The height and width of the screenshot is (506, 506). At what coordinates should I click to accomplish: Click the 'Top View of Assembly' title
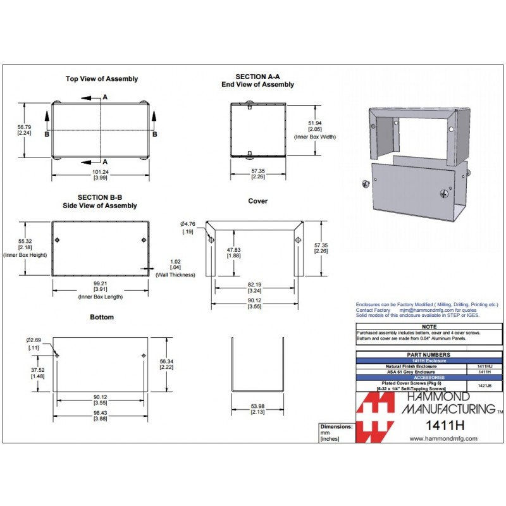tap(102, 79)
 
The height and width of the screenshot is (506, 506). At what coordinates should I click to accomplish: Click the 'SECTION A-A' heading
tap(257, 77)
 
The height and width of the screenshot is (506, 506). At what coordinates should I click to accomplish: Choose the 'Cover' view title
tap(257, 201)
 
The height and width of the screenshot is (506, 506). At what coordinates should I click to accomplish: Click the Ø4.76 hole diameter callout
tap(188, 223)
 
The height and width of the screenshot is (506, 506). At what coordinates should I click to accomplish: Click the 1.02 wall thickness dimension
tap(176, 261)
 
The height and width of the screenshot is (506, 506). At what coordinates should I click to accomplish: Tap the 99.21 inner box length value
tap(100, 283)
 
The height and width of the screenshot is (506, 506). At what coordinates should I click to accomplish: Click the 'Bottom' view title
tap(102, 317)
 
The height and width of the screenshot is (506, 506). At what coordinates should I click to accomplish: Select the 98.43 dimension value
tap(100, 412)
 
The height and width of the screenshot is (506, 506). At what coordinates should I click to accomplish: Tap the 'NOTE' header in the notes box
tap(429, 326)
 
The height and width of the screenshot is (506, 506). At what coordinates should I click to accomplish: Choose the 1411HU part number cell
tap(476, 366)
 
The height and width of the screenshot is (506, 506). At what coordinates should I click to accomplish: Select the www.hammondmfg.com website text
tap(443, 438)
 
